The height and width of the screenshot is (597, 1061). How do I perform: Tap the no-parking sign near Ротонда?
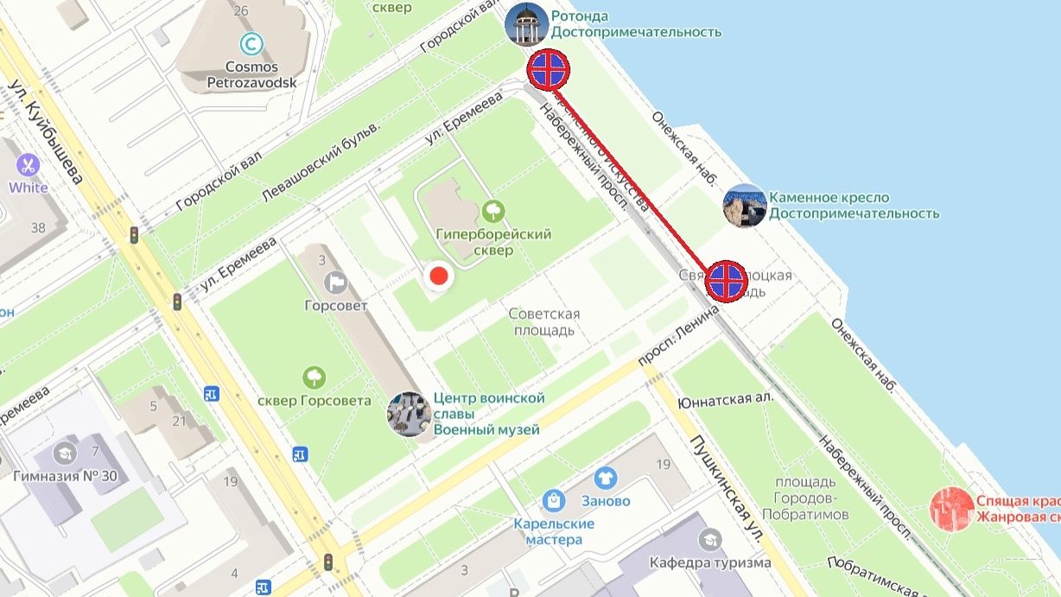coord(550,69)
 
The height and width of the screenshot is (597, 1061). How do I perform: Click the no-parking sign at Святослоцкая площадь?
coord(726,280)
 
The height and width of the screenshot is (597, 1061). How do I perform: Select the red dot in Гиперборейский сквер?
coord(439,276)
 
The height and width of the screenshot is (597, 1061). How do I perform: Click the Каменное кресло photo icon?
coord(745,206)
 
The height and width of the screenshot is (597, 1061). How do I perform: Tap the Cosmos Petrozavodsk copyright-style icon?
coord(251,42)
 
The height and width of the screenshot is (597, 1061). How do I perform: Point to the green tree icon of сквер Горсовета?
coord(314,377)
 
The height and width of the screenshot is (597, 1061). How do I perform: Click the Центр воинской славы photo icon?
coord(409,414)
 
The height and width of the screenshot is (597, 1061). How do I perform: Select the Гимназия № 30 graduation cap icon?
coord(65,452)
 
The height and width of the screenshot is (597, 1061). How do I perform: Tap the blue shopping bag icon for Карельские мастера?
coord(553,499)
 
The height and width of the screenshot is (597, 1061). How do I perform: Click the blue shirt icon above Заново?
coord(606,477)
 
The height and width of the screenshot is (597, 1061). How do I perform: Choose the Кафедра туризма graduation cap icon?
coord(711,539)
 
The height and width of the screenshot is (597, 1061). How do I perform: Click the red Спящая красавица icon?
coord(951,508)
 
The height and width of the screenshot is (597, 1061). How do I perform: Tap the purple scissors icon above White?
coord(28,164)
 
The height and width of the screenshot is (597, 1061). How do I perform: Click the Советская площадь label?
coord(544,321)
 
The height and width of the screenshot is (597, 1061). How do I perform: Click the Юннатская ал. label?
coord(726,401)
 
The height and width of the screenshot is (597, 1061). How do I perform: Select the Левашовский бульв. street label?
coord(321,162)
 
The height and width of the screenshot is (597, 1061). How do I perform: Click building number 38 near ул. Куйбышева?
coord(37,228)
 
